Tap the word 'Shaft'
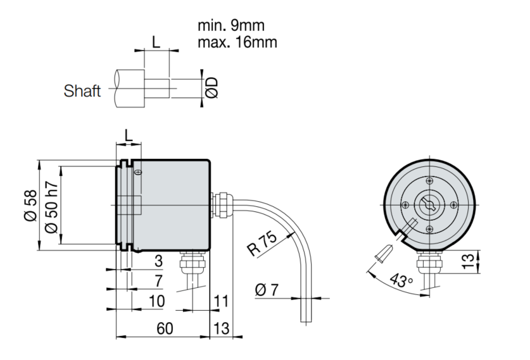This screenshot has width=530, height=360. [x=82, y=91]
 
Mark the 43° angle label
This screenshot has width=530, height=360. [x=402, y=280]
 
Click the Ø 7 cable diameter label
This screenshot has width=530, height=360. [x=267, y=292]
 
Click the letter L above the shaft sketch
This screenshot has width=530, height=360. [x=156, y=42]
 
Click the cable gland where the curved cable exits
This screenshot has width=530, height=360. [x=219, y=204]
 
